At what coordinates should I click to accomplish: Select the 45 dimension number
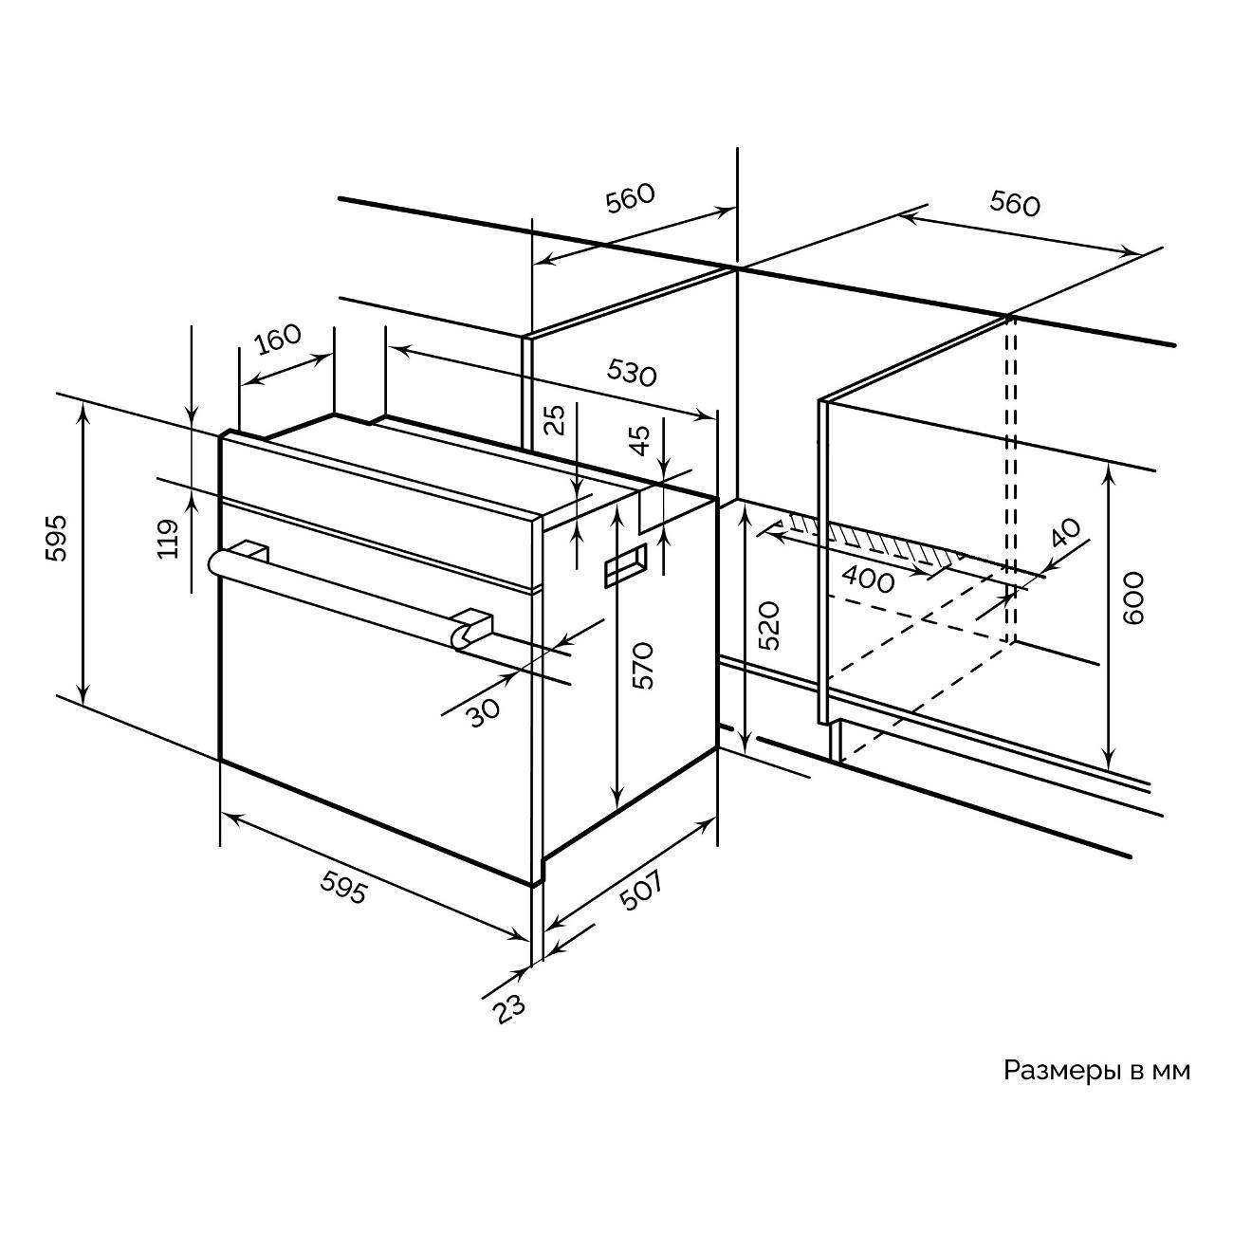point(641,441)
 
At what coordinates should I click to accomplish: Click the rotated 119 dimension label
point(169,539)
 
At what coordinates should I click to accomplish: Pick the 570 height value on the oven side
point(644,665)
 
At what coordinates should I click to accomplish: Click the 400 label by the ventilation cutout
point(869,578)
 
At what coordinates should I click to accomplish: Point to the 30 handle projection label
point(484,710)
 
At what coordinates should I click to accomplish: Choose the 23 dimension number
point(508,1009)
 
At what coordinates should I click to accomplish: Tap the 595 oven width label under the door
point(341,887)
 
